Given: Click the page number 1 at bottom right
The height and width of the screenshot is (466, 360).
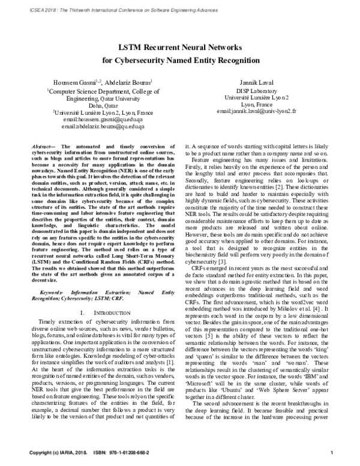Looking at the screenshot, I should [340, 451].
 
